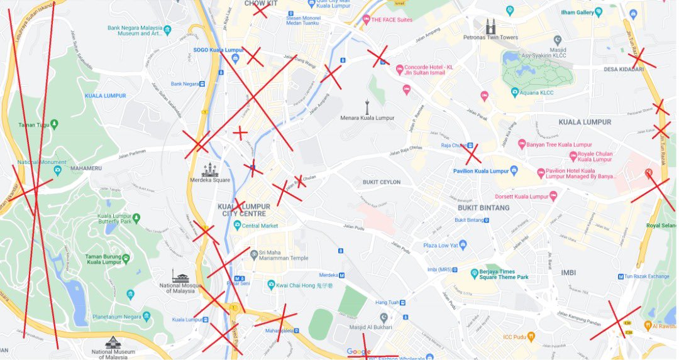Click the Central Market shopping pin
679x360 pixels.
[x=237, y=225]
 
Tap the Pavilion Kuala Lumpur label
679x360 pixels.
[x=481, y=171]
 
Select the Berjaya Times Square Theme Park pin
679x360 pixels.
[x=475, y=273]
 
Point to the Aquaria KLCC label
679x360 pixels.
[x=538, y=93]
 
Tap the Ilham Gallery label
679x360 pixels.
[x=577, y=12]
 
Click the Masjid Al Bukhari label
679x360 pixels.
[x=371, y=327]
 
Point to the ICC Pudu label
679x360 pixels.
[x=517, y=337]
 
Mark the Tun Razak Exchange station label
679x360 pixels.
[x=646, y=276]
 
